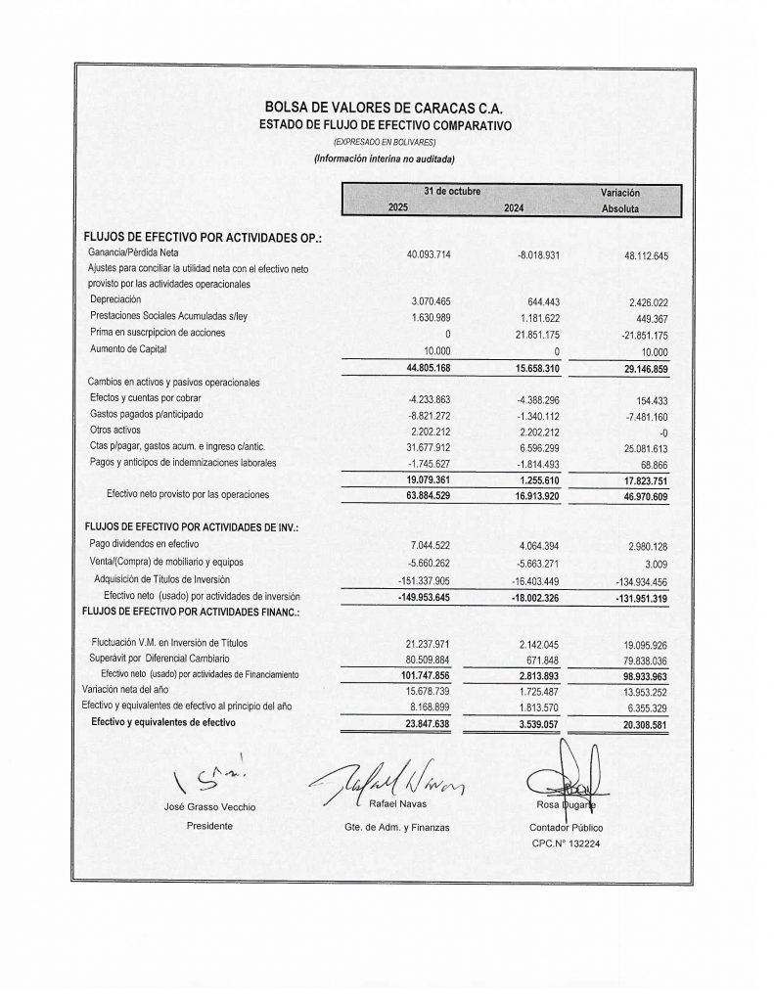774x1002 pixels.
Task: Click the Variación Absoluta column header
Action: click(x=620, y=201)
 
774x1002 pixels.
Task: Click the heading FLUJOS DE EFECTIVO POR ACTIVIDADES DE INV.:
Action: click(x=191, y=528)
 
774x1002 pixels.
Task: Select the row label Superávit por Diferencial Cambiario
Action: click(x=159, y=660)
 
